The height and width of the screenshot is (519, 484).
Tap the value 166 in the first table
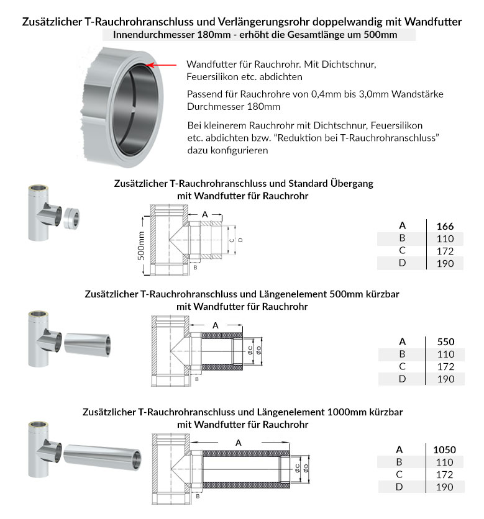(x=445, y=226)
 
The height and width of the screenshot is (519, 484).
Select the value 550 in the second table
(x=445, y=341)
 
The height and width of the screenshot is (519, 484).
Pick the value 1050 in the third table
(x=445, y=449)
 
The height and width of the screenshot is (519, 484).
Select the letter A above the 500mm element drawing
(x=216, y=325)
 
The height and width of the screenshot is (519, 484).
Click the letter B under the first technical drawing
(x=194, y=268)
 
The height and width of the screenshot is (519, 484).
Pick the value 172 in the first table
(x=445, y=251)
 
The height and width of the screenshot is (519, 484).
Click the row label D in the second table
(x=402, y=379)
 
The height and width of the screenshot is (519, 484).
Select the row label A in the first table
(x=402, y=226)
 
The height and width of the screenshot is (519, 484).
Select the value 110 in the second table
(x=445, y=354)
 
